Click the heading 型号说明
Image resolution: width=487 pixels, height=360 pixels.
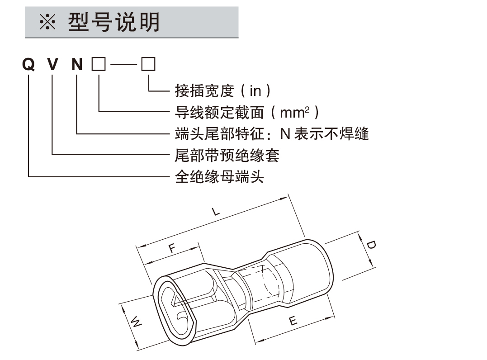(114, 22)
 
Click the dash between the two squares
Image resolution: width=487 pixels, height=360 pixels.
(123, 65)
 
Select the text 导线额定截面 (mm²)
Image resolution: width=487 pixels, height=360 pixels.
(247, 112)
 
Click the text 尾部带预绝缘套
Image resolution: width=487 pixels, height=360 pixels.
(227, 155)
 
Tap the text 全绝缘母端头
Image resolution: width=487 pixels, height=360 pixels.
(219, 176)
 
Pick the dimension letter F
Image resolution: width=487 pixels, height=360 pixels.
(172, 248)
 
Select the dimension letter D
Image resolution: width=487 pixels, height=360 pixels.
(371, 245)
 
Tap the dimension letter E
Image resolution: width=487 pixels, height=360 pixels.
(293, 321)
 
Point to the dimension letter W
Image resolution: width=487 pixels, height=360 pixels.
(136, 322)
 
